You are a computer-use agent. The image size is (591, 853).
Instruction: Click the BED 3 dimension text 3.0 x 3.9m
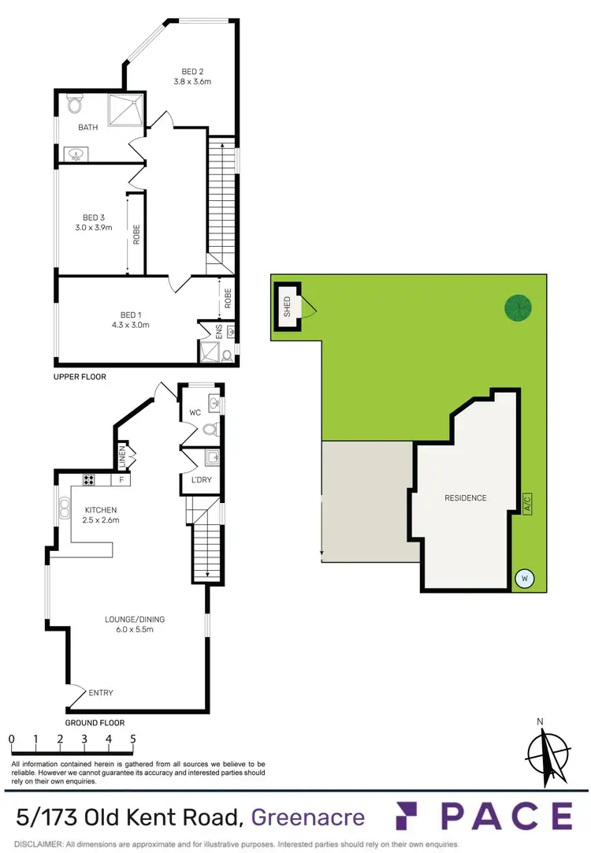pos(94,228)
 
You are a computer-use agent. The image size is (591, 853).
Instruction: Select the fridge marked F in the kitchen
pos(121,479)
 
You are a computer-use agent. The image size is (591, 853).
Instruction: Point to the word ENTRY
pos(101,693)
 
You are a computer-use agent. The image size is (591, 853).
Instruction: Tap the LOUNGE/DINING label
pos(135,619)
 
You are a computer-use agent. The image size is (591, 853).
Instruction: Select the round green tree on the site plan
pos(518,308)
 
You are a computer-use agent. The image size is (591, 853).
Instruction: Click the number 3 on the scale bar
pos(84,739)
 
